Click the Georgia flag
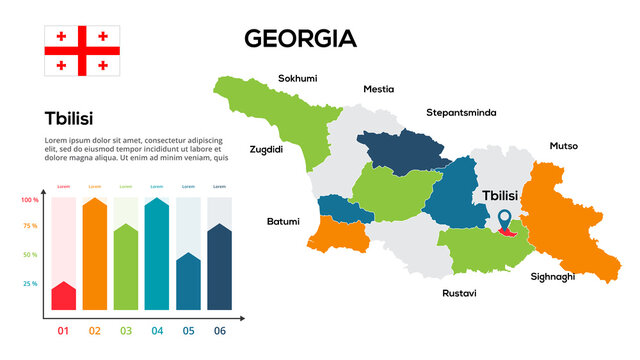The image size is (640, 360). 81,51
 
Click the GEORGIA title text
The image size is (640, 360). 300,39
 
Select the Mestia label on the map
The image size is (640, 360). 378,89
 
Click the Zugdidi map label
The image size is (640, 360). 266,149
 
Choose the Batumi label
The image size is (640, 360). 282,221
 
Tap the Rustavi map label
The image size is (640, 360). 459,294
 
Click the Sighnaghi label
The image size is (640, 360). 553,276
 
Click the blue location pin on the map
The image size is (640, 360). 505,217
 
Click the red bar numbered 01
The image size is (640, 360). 64,296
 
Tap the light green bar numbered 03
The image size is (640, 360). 126,267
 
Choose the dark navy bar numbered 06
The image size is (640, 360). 219,267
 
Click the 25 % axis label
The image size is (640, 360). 30,284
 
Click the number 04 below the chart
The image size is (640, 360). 157,330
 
